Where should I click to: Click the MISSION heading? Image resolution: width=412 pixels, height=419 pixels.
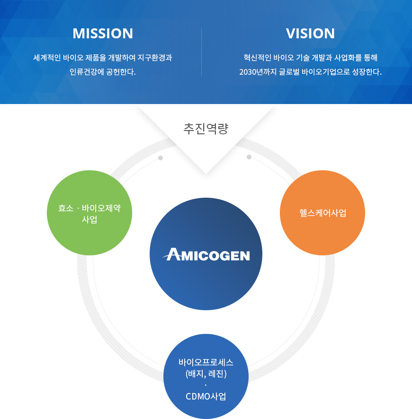pyautogui.click(x=103, y=34)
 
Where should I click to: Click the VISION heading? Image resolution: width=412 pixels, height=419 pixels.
pyautogui.click(x=310, y=34)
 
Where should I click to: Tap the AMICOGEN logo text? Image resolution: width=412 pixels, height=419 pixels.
pyautogui.click(x=206, y=255)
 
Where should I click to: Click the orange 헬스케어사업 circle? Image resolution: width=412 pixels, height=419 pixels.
pyautogui.click(x=322, y=213)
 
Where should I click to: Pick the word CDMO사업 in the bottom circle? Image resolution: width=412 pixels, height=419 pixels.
pyautogui.click(x=206, y=396)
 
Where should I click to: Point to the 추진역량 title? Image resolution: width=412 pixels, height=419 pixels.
pyautogui.click(x=206, y=129)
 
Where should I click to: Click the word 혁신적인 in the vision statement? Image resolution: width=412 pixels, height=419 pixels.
pyautogui.click(x=259, y=58)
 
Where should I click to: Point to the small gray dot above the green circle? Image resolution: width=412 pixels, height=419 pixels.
pyautogui.click(x=161, y=158)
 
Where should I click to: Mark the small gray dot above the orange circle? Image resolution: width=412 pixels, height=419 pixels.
pyautogui.click(x=249, y=157)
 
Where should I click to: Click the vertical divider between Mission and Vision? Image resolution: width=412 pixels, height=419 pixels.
pyautogui.click(x=202, y=52)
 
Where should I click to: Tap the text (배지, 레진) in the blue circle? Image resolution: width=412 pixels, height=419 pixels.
pyautogui.click(x=206, y=374)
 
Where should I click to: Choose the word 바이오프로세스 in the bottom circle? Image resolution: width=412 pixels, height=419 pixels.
pyautogui.click(x=206, y=363)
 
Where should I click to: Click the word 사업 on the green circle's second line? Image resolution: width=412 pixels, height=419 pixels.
pyautogui.click(x=90, y=219)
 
